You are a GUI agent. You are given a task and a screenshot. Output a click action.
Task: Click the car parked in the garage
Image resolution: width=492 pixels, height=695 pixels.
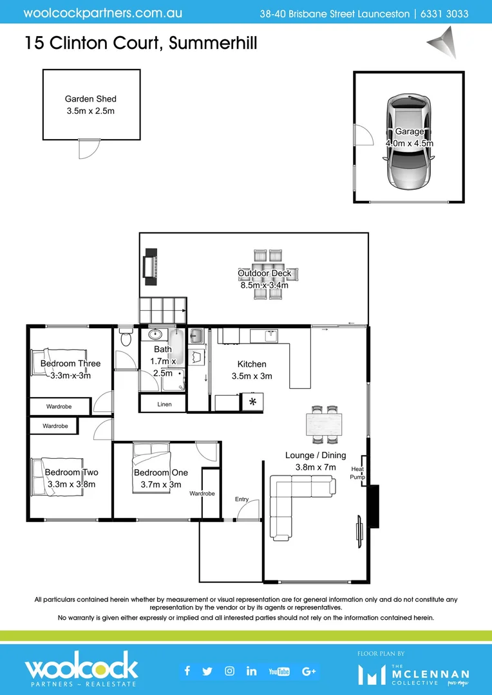point(409,143)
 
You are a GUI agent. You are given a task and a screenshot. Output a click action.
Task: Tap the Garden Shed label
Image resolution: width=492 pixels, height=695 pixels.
point(91,99)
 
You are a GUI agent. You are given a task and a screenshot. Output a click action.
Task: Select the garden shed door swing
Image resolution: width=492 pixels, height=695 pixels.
point(88,149)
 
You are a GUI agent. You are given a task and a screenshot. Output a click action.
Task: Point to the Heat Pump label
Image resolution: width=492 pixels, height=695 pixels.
point(357,473)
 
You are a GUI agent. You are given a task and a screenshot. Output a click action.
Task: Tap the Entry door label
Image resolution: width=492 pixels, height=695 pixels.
point(241,499)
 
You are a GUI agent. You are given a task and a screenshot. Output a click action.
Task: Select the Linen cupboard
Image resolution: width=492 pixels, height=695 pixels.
point(164,403)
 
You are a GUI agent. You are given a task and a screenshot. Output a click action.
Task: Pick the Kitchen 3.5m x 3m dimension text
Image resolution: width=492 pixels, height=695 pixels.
point(252,376)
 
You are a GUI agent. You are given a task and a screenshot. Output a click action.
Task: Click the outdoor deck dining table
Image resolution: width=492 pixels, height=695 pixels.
point(268,274)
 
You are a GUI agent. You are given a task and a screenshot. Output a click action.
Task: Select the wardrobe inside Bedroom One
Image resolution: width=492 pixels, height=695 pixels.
point(211,493)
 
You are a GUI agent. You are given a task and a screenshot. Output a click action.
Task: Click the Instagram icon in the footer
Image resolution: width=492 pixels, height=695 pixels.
point(229,671)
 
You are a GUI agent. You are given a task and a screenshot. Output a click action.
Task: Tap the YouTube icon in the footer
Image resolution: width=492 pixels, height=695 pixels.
point(279,671)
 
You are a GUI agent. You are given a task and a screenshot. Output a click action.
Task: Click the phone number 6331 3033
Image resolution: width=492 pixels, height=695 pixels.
point(445,14)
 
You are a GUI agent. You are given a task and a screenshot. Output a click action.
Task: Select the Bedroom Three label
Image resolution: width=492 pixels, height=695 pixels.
point(70,364)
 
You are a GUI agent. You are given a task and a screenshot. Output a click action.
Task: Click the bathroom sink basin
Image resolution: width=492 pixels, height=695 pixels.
point(155,335)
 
